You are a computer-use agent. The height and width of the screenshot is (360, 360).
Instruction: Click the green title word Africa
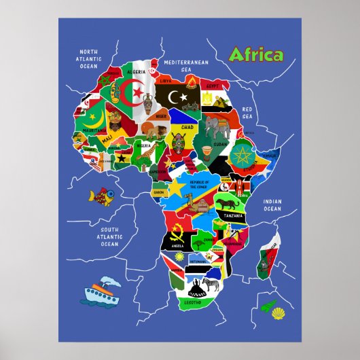(257, 55)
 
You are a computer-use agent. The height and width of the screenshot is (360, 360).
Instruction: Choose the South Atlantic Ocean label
(109, 237)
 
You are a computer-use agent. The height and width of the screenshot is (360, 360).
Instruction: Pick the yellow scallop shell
(278, 314)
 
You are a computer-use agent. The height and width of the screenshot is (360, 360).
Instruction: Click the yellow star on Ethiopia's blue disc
(242, 156)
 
